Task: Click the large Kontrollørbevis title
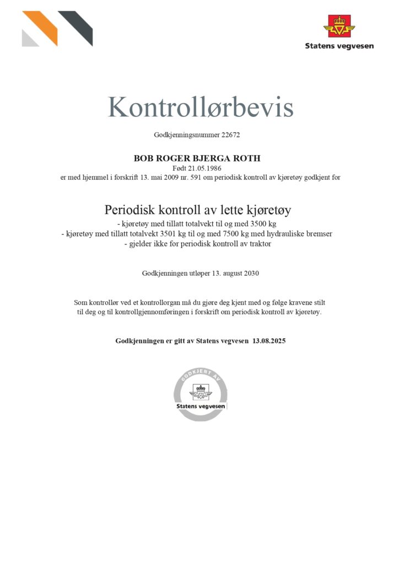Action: pyautogui.click(x=200, y=107)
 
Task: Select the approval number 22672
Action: pyautogui.click(x=230, y=134)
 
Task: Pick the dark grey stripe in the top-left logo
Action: pyautogui.click(x=77, y=25)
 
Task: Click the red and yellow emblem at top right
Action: pyautogui.click(x=339, y=26)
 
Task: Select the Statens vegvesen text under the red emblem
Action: pyautogui.click(x=339, y=46)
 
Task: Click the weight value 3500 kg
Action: pyautogui.click(x=262, y=224)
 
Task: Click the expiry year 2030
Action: pyautogui.click(x=250, y=273)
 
